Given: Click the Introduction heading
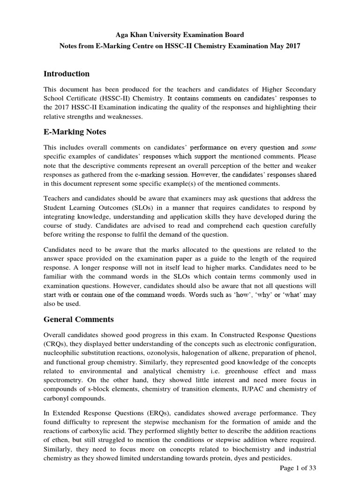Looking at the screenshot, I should click(x=66, y=74).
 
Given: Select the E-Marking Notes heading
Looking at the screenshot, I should click(x=75, y=132).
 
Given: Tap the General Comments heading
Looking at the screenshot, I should click(x=78, y=319).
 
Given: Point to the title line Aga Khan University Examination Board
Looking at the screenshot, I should click(x=180, y=34).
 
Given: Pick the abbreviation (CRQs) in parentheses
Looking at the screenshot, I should click(x=57, y=345).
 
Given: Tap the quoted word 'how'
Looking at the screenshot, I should click(x=247, y=294).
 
